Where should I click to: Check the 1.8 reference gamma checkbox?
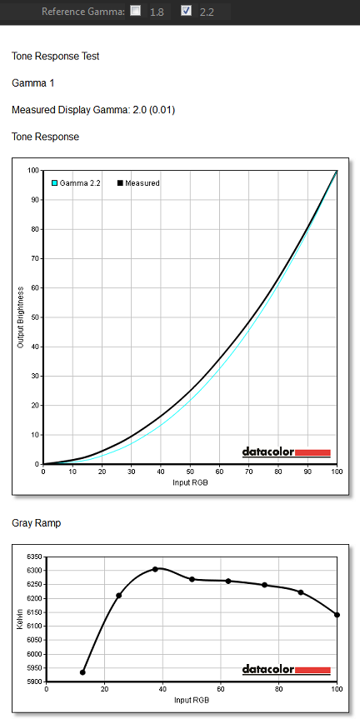pyautogui.click(x=135, y=11)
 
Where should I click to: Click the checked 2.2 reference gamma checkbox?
pyautogui.click(x=186, y=11)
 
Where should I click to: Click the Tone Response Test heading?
pyautogui.click(x=56, y=57)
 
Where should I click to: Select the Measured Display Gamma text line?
pyautogui.click(x=93, y=110)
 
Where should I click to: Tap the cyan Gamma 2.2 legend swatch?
pyautogui.click(x=54, y=183)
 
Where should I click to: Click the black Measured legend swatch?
pyautogui.click(x=120, y=183)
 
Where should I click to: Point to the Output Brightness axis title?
pyautogui.click(x=20, y=317)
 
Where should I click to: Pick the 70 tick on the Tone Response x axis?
pyautogui.click(x=248, y=472)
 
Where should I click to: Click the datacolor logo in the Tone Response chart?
pyautogui.click(x=287, y=452)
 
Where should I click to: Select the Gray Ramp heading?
pyautogui.click(x=36, y=523)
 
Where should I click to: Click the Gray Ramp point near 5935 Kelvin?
pyautogui.click(x=82, y=672)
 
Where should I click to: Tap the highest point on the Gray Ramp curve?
pyautogui.click(x=155, y=569)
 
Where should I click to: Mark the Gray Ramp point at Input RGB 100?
pyautogui.click(x=337, y=615)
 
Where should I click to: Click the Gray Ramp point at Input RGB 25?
pyautogui.click(x=119, y=596)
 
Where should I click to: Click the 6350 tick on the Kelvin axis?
pyautogui.click(x=35, y=557)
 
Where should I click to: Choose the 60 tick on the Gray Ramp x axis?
pyautogui.click(x=221, y=690)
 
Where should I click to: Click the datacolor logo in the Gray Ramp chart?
pyautogui.click(x=287, y=670)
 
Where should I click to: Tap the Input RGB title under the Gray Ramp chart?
pyautogui.click(x=192, y=701)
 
